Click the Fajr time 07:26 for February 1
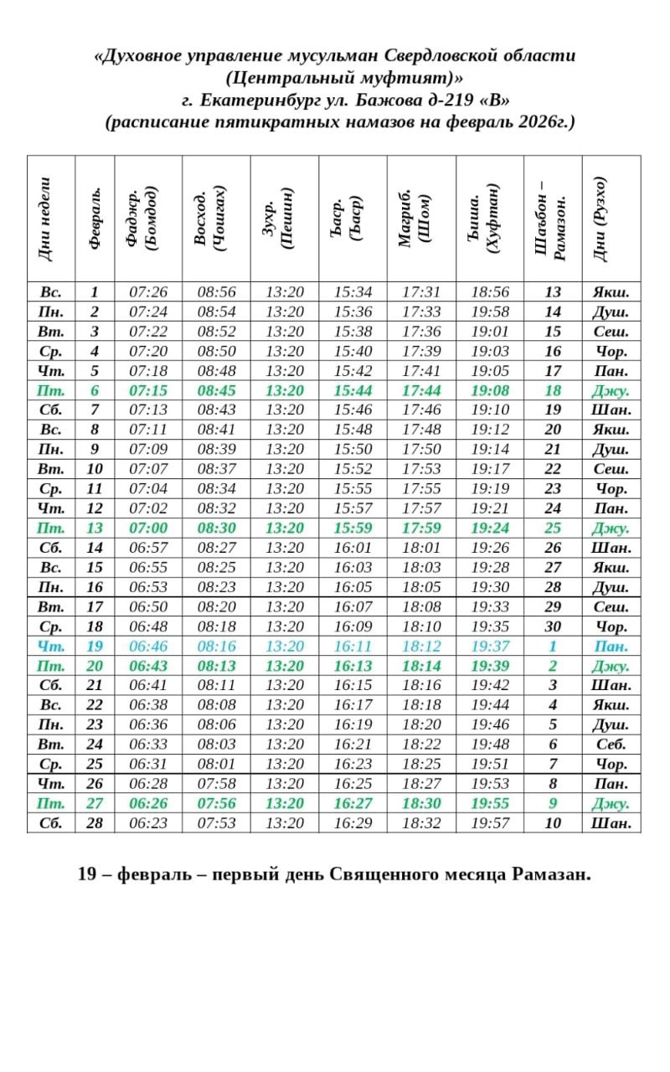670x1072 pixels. click(x=148, y=292)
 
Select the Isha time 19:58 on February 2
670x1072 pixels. click(x=490, y=312)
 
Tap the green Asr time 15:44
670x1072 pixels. click(x=353, y=390)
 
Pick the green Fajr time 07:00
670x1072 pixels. click(x=148, y=528)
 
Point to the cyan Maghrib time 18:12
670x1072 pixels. click(x=421, y=646)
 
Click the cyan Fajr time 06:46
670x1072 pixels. click(x=148, y=646)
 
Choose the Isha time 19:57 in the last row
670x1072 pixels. click(x=490, y=822)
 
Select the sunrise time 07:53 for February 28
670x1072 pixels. click(x=216, y=822)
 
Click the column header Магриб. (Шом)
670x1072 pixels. click(x=421, y=219)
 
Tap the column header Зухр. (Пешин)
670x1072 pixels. click(x=284, y=219)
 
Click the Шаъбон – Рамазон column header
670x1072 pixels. click(x=552, y=219)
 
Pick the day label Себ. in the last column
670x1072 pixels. click(x=611, y=744)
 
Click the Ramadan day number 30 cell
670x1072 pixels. click(x=553, y=626)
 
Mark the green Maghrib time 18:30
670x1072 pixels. click(x=421, y=803)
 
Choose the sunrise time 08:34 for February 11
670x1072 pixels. click(x=216, y=488)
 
